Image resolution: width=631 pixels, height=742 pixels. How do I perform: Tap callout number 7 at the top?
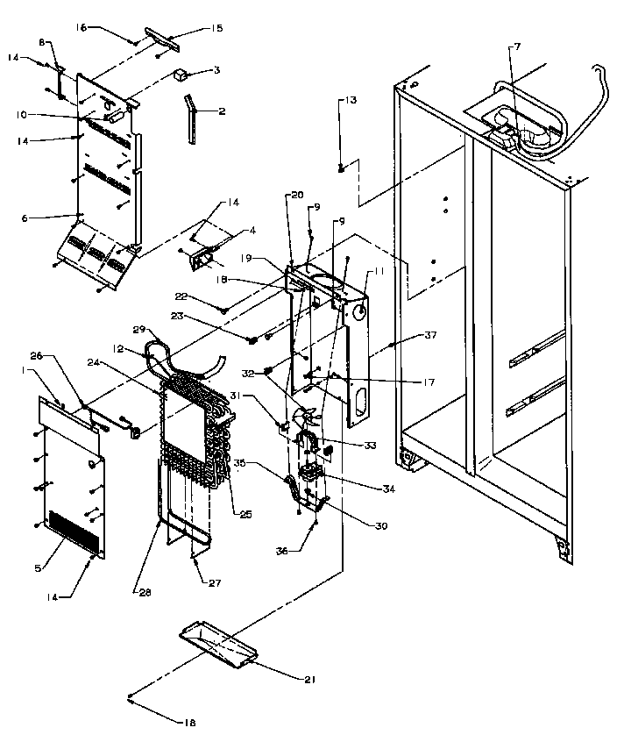point(515,45)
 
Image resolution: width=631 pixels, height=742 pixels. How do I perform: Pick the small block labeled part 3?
point(182,75)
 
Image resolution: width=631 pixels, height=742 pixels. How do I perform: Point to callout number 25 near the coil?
point(245,514)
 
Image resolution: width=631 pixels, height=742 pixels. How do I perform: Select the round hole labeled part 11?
point(360,310)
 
